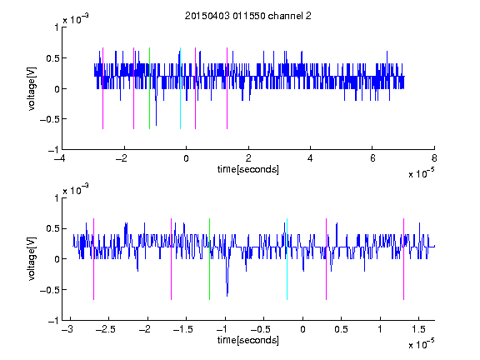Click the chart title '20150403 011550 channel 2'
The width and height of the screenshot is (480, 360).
tap(248, 16)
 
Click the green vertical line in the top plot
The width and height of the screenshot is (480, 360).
tap(149, 88)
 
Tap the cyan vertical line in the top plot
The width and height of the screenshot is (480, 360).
tap(180, 88)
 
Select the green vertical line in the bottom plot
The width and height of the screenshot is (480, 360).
tap(209, 259)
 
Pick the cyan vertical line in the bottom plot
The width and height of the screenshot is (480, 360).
tap(287, 259)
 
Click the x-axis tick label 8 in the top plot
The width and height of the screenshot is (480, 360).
tap(434, 158)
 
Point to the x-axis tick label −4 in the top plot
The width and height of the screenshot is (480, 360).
tap(61, 158)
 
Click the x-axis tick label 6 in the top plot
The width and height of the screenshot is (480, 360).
tap(372, 158)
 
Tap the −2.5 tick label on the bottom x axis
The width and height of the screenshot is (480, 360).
tap(105, 329)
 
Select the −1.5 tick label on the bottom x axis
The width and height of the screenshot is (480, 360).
tap(182, 329)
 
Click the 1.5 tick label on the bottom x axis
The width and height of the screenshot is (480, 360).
tap(419, 329)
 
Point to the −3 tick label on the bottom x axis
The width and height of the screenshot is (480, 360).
tap(67, 329)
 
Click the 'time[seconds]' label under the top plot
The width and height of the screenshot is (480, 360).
tap(248, 169)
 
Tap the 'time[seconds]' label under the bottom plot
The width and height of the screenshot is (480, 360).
tap(248, 340)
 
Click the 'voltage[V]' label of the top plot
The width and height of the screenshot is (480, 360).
tap(32, 89)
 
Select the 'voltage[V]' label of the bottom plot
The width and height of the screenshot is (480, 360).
tap(32, 259)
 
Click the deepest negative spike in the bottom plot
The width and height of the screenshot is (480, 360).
tap(227, 295)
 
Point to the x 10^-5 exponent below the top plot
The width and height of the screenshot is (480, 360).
tap(422, 173)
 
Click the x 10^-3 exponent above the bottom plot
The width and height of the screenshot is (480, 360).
tap(76, 190)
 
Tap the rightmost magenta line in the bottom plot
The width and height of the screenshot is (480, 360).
tap(403, 259)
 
